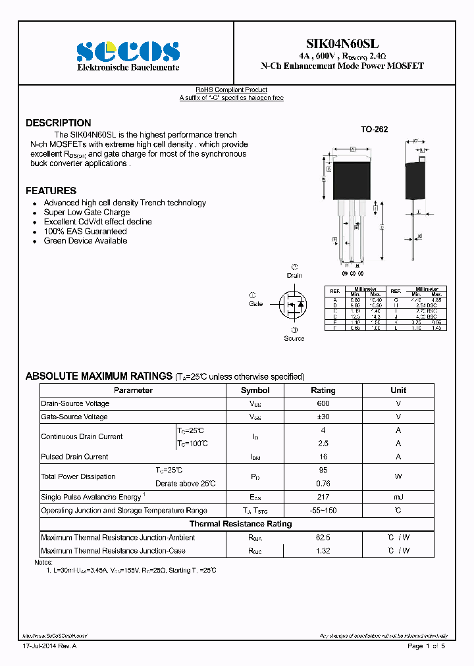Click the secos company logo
tap(128, 51)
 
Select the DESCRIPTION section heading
tap(59, 123)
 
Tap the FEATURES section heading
tap(51, 191)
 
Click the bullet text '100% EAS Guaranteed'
tap(85, 232)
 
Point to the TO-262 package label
tap(374, 130)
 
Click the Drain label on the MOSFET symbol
tap(294, 275)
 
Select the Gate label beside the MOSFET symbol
tap(256, 303)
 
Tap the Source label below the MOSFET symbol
tap(294, 338)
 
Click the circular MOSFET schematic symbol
tap(294, 305)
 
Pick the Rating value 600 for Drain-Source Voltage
tap(323, 403)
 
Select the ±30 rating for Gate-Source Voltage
tap(323, 417)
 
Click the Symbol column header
tap(255, 390)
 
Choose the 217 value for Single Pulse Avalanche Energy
tap(323, 497)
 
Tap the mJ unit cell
tap(398, 497)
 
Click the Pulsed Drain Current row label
tap(74, 457)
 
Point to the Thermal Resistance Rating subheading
tap(240, 524)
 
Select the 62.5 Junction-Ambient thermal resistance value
tap(323, 538)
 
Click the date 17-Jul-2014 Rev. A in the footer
tap(50, 646)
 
